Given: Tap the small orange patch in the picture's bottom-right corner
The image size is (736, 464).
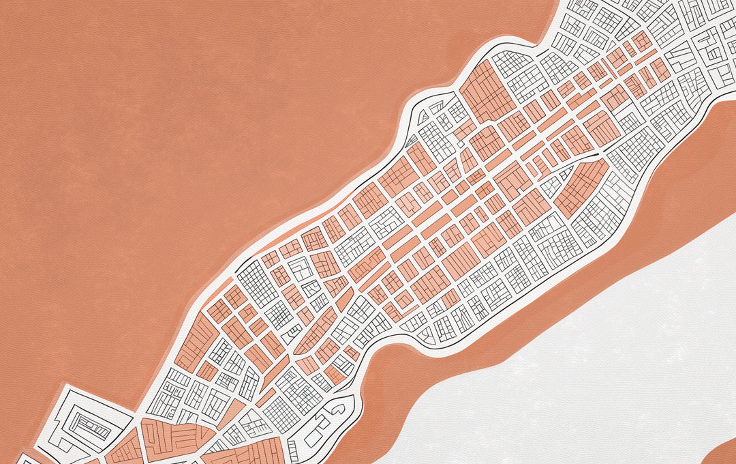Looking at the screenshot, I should (724, 454).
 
